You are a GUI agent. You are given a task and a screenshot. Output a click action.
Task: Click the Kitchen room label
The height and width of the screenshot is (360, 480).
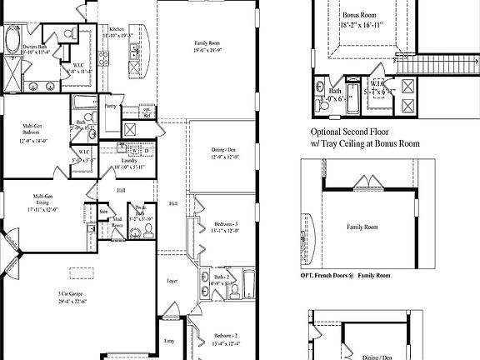pyautogui.click(x=116, y=29)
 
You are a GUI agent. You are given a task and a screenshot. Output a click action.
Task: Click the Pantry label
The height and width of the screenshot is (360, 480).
pyautogui.click(x=110, y=107)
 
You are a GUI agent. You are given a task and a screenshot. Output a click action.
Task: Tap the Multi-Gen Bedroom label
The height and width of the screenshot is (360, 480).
pyautogui.click(x=34, y=129)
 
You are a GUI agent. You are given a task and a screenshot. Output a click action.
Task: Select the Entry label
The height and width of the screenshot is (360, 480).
pyautogui.click(x=170, y=341)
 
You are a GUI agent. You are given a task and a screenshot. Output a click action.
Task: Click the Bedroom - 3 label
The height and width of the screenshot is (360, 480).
pyautogui.click(x=226, y=225)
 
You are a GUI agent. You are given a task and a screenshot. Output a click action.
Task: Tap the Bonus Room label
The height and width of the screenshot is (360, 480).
pyautogui.click(x=359, y=15)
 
